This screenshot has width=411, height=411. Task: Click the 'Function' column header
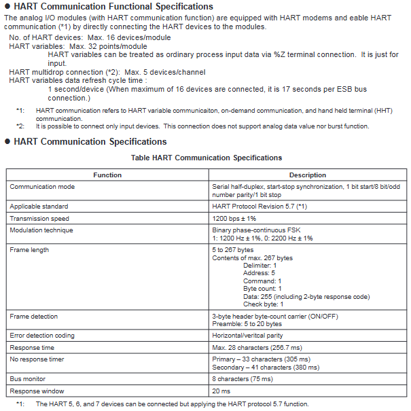107,175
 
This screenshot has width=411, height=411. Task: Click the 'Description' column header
307,175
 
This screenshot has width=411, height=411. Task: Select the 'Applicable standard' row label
39,206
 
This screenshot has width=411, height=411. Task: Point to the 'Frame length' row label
30,249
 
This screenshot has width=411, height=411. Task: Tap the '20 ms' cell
221,391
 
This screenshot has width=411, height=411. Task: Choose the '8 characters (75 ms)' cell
243,378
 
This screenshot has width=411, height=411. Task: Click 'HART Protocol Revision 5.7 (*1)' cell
264,206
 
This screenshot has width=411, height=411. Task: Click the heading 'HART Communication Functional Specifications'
113,7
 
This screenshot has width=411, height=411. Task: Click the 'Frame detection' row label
33,317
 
